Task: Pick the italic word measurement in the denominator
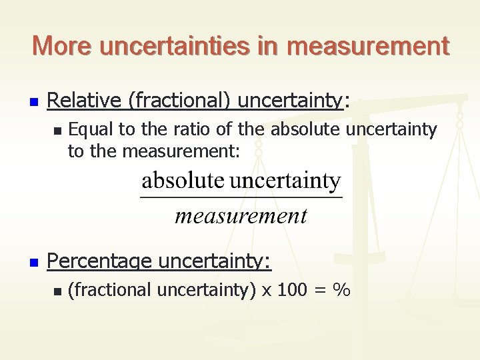pyautogui.click(x=241, y=216)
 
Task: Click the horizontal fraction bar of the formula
pyautogui.click(x=241, y=197)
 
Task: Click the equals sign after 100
pyautogui.click(x=322, y=290)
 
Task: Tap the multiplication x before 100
pyautogui.click(x=267, y=291)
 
